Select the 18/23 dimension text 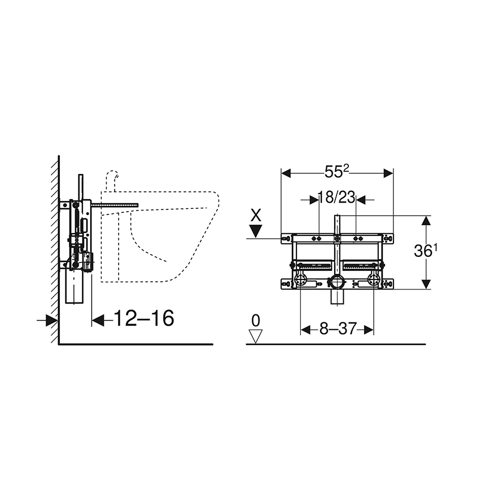coord(337,198)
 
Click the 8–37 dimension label coord(338,329)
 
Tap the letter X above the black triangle coord(256,215)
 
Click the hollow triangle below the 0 coord(256,336)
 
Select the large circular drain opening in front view coord(337,283)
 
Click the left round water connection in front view coord(300,279)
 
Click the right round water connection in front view coord(373,279)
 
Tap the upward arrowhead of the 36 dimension coord(428,221)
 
